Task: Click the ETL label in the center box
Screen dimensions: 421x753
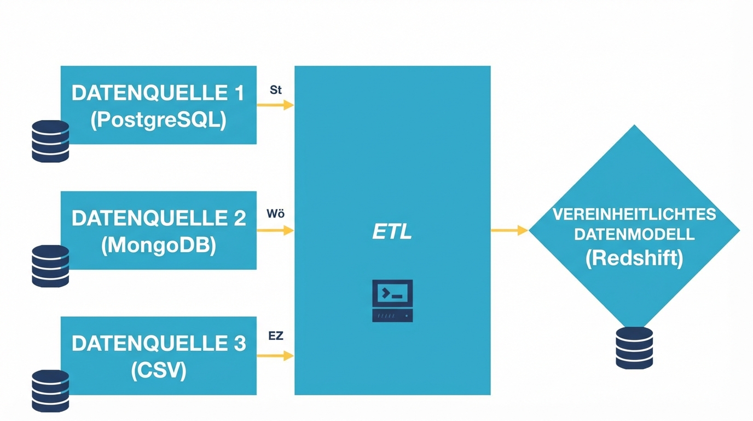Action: [392, 232]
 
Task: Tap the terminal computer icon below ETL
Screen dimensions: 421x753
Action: [392, 300]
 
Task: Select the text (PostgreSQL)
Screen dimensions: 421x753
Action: [158, 120]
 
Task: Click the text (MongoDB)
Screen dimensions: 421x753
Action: [158, 245]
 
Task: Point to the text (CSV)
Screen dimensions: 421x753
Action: [158, 371]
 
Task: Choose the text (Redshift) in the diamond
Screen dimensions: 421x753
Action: [634, 258]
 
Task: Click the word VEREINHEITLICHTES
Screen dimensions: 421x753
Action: [634, 214]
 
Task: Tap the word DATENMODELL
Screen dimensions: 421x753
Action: [634, 235]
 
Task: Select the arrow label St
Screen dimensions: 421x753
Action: [276, 90]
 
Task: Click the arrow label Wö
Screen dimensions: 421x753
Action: [276, 214]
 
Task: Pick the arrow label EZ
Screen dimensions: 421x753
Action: [276, 336]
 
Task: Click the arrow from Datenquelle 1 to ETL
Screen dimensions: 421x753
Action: [275, 105]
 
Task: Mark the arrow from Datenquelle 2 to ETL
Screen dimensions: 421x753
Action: [275, 230]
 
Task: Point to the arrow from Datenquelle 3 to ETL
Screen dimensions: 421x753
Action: [275, 356]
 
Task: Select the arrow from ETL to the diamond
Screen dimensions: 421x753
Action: [509, 230]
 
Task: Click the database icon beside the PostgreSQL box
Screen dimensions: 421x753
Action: [50, 141]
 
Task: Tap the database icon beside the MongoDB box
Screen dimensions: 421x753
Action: [50, 266]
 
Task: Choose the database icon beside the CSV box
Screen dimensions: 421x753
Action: [50, 391]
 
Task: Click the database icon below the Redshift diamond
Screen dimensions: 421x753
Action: [634, 348]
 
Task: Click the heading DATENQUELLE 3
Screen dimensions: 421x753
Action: [158, 344]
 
